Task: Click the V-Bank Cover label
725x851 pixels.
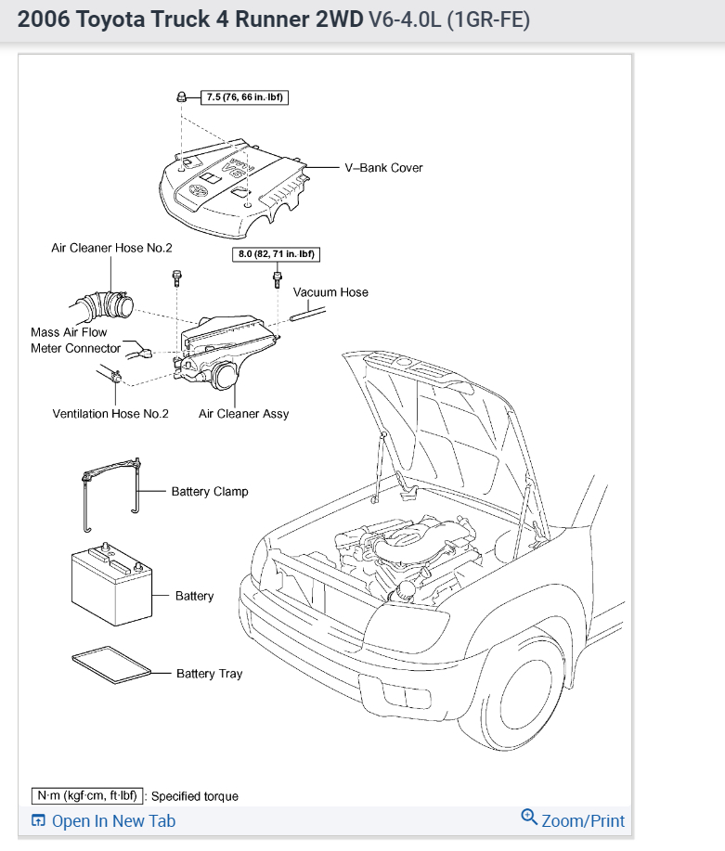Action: pyautogui.click(x=383, y=168)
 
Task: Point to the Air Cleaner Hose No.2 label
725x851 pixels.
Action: pyautogui.click(x=111, y=249)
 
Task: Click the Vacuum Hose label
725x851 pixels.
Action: pyautogui.click(x=330, y=292)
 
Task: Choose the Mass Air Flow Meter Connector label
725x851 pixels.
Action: pyautogui.click(x=75, y=340)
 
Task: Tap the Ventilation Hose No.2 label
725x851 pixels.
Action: pyautogui.click(x=110, y=414)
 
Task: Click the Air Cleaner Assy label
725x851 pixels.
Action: pyautogui.click(x=243, y=414)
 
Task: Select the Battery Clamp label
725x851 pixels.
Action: pyautogui.click(x=210, y=491)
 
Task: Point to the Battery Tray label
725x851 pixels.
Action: pyautogui.click(x=210, y=674)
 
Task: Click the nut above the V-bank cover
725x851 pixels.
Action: pyautogui.click(x=183, y=97)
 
